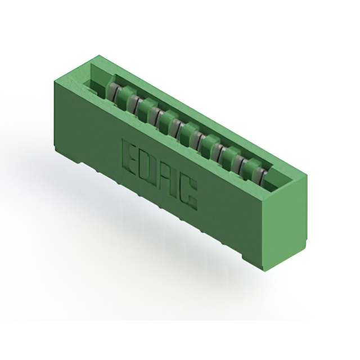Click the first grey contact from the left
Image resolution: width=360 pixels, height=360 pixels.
112,91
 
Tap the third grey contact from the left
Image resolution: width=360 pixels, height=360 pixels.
155,115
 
